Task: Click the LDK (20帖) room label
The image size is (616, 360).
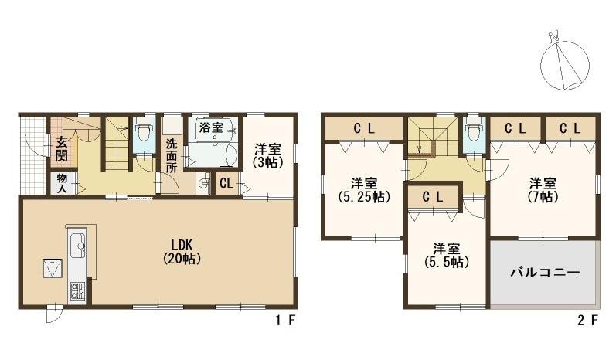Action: pos(182,252)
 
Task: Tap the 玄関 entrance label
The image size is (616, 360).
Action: pos(61,149)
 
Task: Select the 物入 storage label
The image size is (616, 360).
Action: pos(62,183)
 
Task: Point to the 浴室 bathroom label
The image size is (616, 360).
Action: pos(211,127)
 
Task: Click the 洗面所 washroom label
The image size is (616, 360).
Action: pos(171,156)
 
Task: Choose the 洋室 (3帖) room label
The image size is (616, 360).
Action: pos(268,156)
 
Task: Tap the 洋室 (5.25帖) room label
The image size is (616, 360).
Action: pos(364,190)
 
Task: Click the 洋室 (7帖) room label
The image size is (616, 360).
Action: pos(543,190)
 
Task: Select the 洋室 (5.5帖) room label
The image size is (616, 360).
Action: pos(447,255)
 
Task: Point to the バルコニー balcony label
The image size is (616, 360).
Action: pos(546,272)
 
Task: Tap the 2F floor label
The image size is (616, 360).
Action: pos(587,321)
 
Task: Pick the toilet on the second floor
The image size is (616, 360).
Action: pos(472,132)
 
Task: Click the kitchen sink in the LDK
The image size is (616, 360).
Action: pos(78,246)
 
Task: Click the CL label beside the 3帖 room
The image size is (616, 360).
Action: pos(226,183)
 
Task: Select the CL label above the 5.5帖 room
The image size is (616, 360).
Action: pos(433,197)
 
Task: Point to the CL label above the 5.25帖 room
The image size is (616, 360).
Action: pos(364,128)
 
